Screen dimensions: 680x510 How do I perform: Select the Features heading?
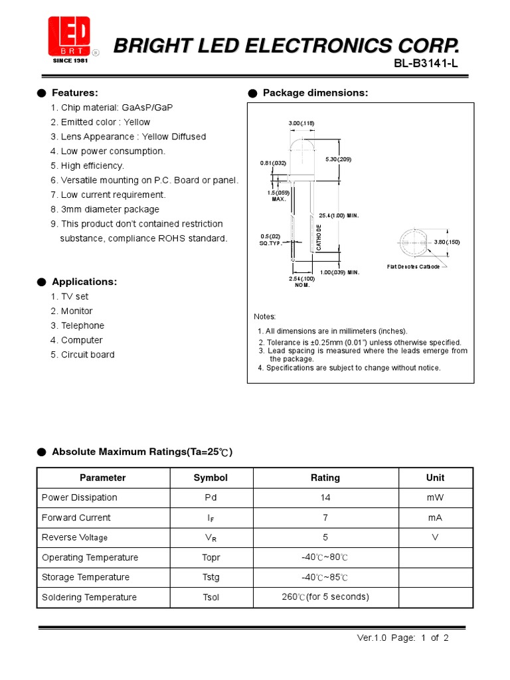74,92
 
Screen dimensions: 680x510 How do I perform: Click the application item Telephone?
82,325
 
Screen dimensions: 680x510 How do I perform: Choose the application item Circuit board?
88,355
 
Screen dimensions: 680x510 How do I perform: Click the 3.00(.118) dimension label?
301,124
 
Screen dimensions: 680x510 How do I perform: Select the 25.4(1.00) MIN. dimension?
339,216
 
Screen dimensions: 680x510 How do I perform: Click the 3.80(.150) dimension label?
447,242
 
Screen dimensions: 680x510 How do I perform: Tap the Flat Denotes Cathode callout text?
413,267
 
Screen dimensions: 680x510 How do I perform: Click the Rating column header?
325,477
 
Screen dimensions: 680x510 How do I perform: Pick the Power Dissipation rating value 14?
325,497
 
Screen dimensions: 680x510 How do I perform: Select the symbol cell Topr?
211,557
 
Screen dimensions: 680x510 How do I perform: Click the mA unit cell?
436,517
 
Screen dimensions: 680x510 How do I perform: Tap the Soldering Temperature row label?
89,597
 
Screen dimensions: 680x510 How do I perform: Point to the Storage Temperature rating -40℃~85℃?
325,577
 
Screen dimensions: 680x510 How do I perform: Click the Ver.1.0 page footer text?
403,638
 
